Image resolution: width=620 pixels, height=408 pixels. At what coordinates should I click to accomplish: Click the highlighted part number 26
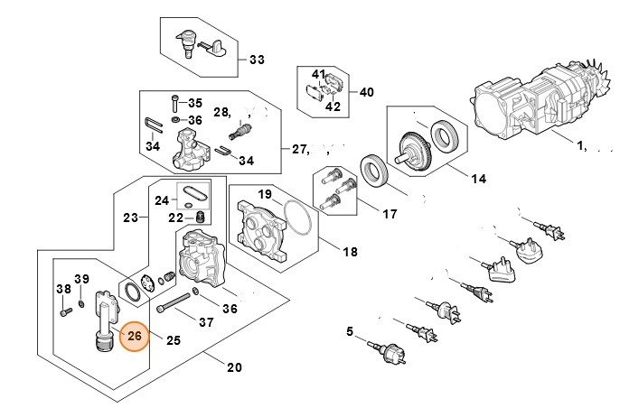tap(136, 337)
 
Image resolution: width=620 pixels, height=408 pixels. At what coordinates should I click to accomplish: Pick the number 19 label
tap(265, 194)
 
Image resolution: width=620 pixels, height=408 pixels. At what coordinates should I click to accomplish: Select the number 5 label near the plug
tap(350, 332)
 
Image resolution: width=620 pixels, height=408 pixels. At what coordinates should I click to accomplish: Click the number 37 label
tap(206, 322)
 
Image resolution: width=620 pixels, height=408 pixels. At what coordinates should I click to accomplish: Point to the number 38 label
tap(63, 290)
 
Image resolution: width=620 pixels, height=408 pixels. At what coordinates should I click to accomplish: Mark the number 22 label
tap(175, 217)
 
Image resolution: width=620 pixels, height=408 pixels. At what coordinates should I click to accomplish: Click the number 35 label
tap(195, 103)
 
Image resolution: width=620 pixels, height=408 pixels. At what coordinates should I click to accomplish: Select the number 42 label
tap(333, 107)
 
